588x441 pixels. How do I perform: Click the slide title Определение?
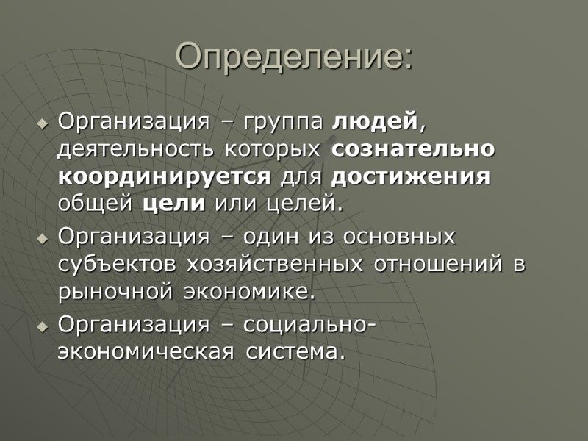point(294,57)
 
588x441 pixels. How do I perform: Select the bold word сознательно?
point(413,148)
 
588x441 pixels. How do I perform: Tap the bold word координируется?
point(165,177)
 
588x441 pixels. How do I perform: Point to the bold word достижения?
point(411,177)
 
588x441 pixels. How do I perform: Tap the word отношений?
point(437,265)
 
